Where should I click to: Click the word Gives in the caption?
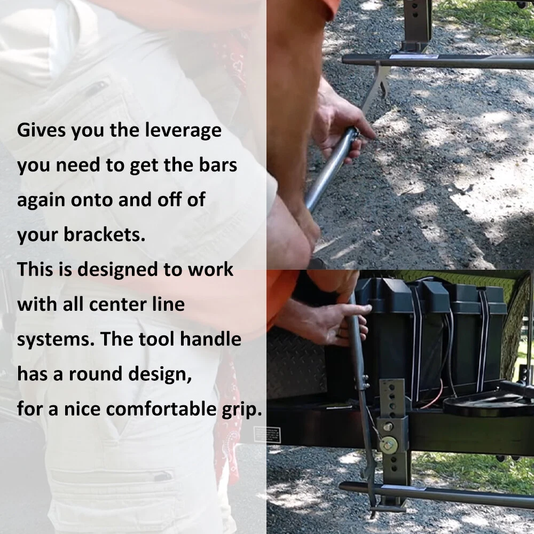[41, 130]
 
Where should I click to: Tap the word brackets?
[105, 235]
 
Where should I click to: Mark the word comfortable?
[161, 409]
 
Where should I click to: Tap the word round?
[96, 374]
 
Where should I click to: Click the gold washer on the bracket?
[389, 444]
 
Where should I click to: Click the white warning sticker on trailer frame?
[272, 435]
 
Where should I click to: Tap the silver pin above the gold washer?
[388, 427]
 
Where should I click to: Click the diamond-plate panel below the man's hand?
[296, 364]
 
